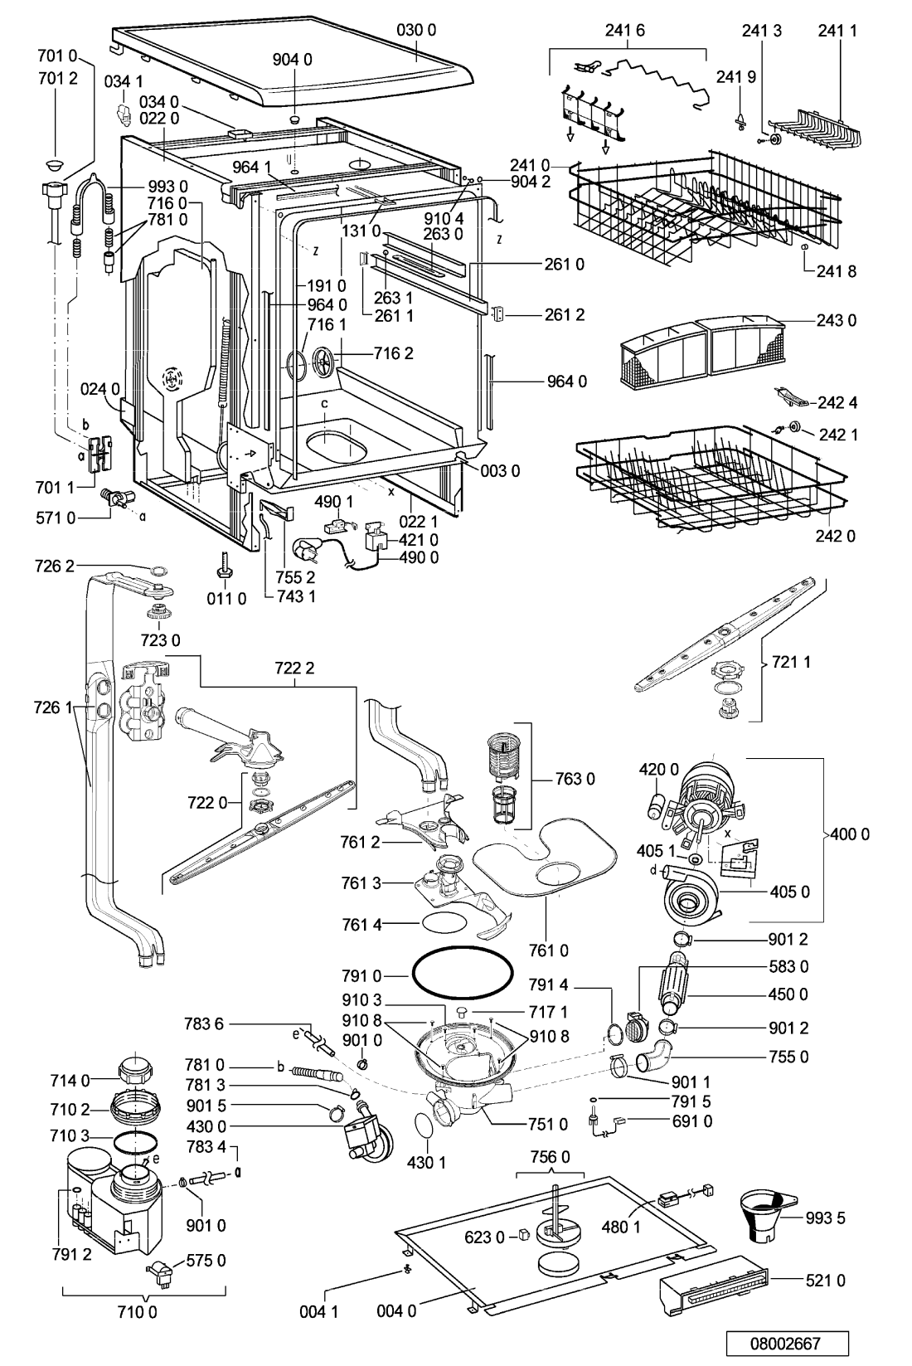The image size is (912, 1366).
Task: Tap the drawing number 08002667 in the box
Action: [x=787, y=1344]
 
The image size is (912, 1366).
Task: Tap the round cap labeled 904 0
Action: [x=295, y=117]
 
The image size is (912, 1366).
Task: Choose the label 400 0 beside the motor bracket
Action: [x=849, y=834]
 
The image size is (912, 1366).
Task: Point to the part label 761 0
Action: [x=548, y=950]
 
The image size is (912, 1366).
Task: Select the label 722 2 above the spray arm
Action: [x=294, y=669]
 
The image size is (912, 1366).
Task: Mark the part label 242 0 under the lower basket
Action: [x=835, y=536]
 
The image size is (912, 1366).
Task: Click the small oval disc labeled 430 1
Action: [x=424, y=1123]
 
